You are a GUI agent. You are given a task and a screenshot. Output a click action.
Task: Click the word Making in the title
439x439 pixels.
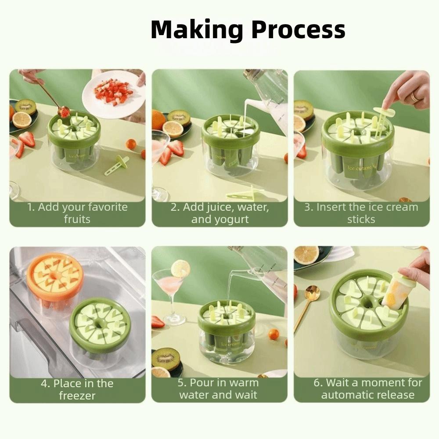point(197,30)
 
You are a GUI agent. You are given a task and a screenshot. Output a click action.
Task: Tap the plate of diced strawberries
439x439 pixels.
point(113,94)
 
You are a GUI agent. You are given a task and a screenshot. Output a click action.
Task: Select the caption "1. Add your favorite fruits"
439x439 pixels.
point(77,213)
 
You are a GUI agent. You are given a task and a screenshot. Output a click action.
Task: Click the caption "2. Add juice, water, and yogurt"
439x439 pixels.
point(219,213)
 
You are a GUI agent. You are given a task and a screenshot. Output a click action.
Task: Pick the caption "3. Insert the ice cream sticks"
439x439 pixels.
point(361,213)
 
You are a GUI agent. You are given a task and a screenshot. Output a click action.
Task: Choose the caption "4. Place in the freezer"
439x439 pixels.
point(77,389)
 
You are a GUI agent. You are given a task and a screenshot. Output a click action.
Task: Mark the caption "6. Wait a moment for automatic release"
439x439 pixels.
point(367,389)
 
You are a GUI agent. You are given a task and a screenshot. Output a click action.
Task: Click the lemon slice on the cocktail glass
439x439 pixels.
point(180,269)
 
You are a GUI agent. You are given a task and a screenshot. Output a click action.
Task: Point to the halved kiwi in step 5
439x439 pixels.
point(166,358)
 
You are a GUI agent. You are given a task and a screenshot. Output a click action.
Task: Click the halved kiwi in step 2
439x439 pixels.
point(179,117)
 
